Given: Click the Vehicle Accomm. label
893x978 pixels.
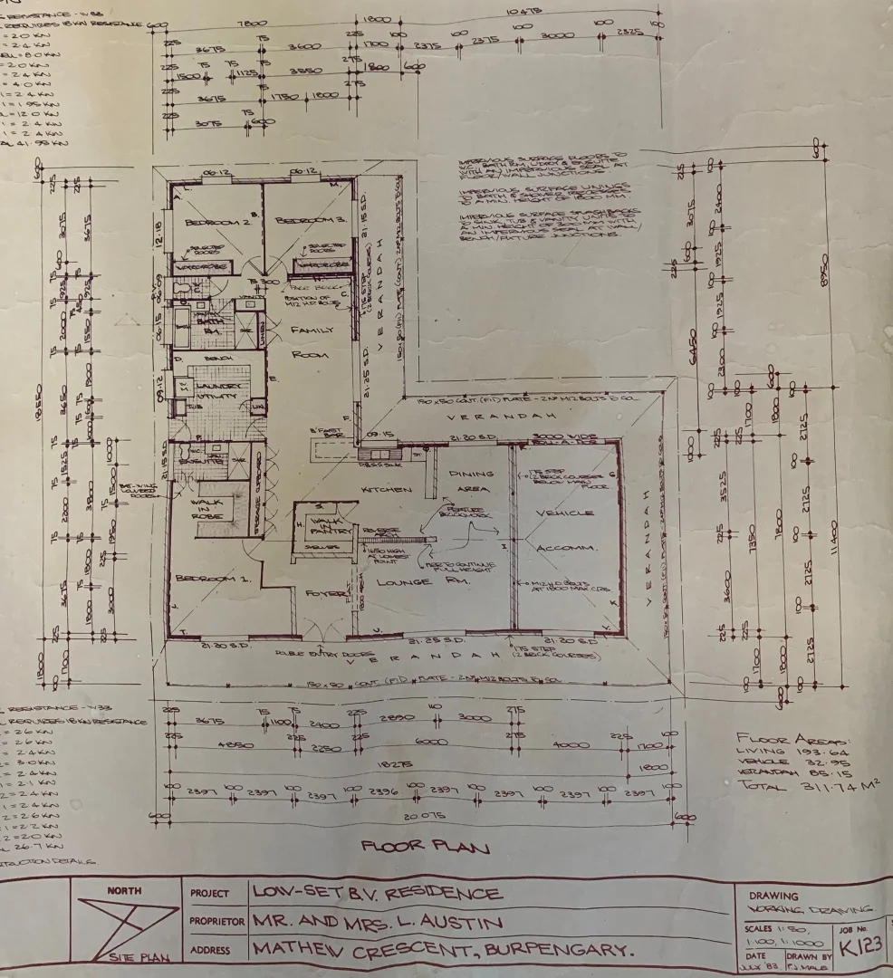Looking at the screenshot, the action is click(x=565, y=530).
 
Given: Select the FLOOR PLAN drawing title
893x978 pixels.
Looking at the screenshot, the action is click(x=426, y=848).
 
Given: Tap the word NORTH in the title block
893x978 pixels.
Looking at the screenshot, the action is click(x=124, y=890).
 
